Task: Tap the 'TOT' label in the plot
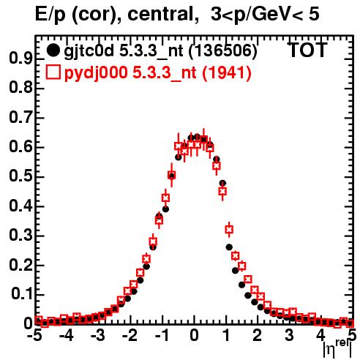(x=307, y=50)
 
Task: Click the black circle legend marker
(x=53, y=50)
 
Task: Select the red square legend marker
(x=53, y=72)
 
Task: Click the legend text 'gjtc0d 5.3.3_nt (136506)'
(x=160, y=51)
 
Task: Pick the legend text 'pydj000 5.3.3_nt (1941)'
(x=158, y=73)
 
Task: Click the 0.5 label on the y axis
(x=20, y=176)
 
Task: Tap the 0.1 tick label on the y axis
(x=21, y=294)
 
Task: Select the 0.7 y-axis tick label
(x=20, y=118)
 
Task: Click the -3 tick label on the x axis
(x=98, y=335)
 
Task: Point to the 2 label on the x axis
(x=258, y=335)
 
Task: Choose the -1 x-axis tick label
(x=162, y=335)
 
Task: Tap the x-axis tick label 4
(x=321, y=335)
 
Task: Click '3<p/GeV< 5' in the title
(x=265, y=15)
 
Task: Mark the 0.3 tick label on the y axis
(x=20, y=236)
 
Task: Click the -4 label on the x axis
(x=67, y=335)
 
